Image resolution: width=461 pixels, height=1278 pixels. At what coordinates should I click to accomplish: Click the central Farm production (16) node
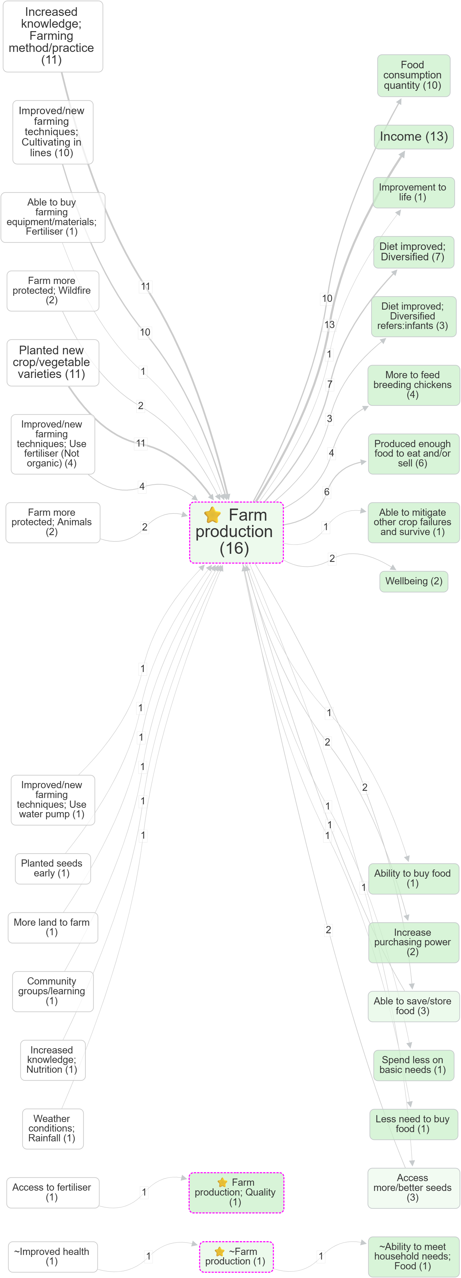pyautogui.click(x=236, y=532)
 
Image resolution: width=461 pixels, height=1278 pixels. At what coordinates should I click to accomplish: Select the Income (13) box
pyautogui.click(x=413, y=137)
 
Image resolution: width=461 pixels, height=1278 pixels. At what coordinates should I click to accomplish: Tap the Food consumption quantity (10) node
pyautogui.click(x=413, y=76)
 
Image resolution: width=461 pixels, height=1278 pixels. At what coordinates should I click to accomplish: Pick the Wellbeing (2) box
pyautogui.click(x=413, y=581)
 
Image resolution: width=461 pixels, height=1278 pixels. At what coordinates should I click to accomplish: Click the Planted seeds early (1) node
pyautogui.click(x=52, y=868)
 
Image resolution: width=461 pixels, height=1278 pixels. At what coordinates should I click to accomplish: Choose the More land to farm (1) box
pyautogui.click(x=52, y=927)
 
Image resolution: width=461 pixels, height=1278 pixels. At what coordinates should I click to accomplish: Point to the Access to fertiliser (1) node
pyautogui.click(x=52, y=1192)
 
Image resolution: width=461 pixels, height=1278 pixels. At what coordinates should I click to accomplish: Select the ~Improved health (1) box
pyautogui.click(x=52, y=1256)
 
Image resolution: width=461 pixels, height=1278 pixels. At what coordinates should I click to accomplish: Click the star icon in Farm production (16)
pyautogui.click(x=212, y=515)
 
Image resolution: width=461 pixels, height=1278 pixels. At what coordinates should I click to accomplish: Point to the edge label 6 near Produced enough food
pyautogui.click(x=327, y=492)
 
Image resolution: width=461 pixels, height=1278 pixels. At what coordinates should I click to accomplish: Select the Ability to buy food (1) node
pyautogui.click(x=413, y=879)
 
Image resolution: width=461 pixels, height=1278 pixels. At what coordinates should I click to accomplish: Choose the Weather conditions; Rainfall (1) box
pyautogui.click(x=52, y=1129)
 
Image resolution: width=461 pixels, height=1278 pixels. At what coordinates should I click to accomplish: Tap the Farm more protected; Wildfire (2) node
pyautogui.click(x=52, y=291)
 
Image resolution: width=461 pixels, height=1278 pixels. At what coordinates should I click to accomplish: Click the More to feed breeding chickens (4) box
pyautogui.click(x=413, y=385)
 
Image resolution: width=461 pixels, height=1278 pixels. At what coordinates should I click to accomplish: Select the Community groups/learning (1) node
pyautogui.click(x=52, y=991)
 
